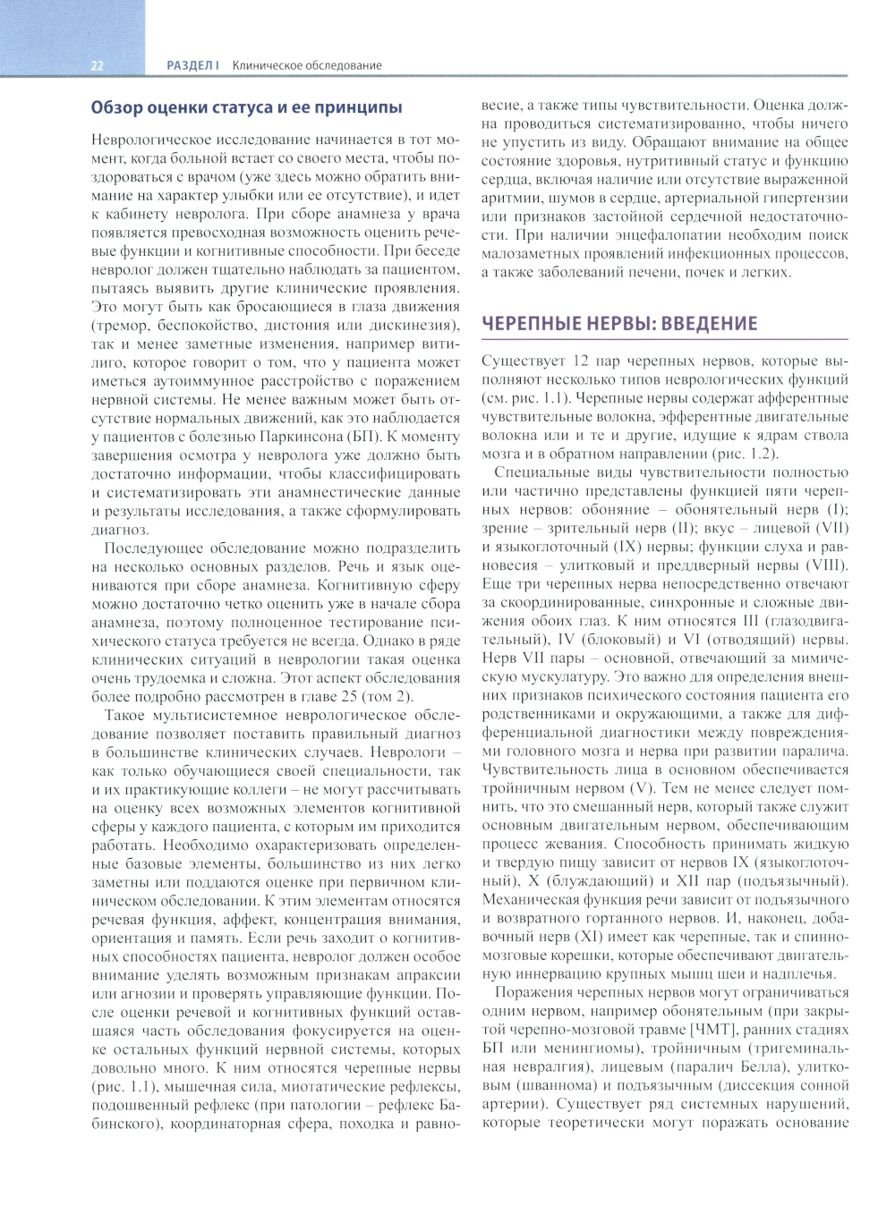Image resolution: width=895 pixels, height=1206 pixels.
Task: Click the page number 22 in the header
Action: coord(98,65)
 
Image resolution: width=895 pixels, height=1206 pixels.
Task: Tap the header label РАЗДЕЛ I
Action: coord(192,65)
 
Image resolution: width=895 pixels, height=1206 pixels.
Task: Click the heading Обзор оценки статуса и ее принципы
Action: coord(246,107)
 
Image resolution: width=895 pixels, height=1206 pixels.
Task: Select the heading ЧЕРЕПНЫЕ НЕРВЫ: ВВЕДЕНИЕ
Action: coord(619,324)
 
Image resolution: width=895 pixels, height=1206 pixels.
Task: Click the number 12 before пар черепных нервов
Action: coord(581,361)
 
